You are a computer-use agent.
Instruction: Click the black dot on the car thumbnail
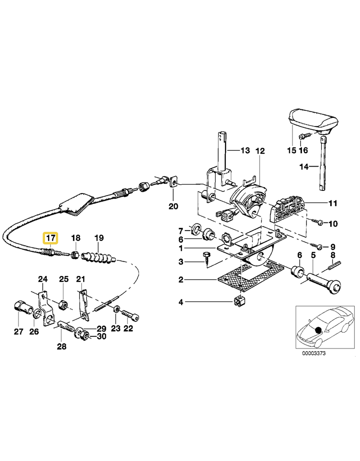click(x=319, y=330)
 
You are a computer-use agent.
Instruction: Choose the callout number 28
click(x=61, y=346)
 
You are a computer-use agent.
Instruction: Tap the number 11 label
click(x=332, y=203)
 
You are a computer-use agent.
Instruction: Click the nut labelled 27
click(x=21, y=308)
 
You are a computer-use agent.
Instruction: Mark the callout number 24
click(x=42, y=279)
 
